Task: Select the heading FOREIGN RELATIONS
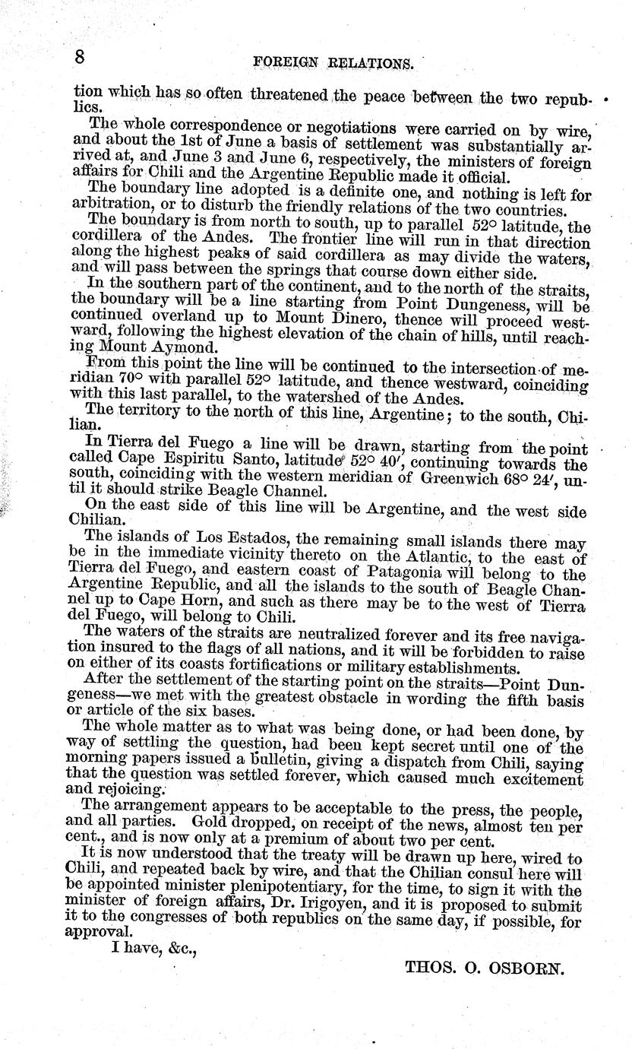pyautogui.click(x=335, y=63)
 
